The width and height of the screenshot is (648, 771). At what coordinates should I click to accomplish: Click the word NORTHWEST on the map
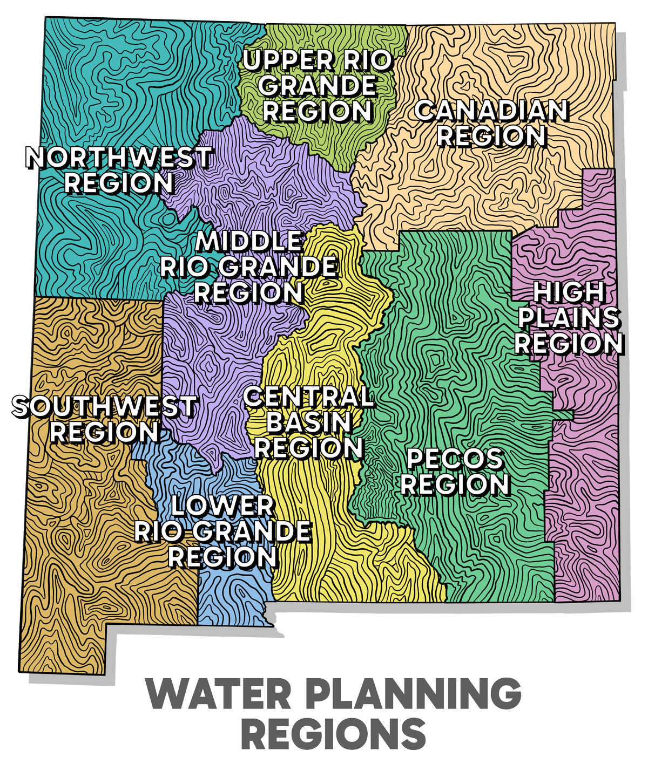coord(118,158)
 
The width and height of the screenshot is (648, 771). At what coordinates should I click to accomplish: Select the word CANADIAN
coord(491,111)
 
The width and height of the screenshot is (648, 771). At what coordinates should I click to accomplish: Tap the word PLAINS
coord(569,318)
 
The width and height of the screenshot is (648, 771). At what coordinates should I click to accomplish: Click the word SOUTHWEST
coord(104,406)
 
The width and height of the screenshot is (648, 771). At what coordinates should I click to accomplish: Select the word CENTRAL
coord(308,397)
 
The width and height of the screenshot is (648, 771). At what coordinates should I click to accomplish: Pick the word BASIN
coord(308,422)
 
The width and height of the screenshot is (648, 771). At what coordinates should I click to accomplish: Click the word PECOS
coord(455,459)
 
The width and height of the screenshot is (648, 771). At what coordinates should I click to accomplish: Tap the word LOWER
coord(222,506)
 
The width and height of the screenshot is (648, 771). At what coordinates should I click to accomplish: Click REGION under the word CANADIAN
coord(491,136)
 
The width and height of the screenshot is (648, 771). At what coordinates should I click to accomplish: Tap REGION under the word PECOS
coord(455,485)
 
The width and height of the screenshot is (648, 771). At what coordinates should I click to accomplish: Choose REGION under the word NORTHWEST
coord(118,183)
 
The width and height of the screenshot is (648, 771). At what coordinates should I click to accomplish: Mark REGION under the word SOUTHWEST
coord(104,432)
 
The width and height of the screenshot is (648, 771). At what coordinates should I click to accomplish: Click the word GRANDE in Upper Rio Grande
coord(320,86)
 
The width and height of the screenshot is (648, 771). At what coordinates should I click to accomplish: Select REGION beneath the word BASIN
coord(308,447)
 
